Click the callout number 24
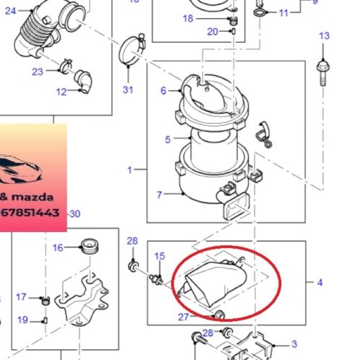point(10,11)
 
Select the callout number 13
point(324,36)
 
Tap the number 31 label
point(128,90)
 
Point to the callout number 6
point(163,91)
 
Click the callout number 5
point(168,140)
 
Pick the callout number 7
point(159,194)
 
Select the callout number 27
point(184,317)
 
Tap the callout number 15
point(160,256)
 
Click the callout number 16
point(58,248)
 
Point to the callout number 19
point(22,320)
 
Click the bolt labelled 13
point(323,72)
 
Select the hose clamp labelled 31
point(132,50)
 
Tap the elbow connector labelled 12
point(84,82)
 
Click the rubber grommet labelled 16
point(89,246)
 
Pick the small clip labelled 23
point(67,65)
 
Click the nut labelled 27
point(219,314)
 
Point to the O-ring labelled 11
point(259,12)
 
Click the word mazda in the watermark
point(33,197)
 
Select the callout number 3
point(294,344)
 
